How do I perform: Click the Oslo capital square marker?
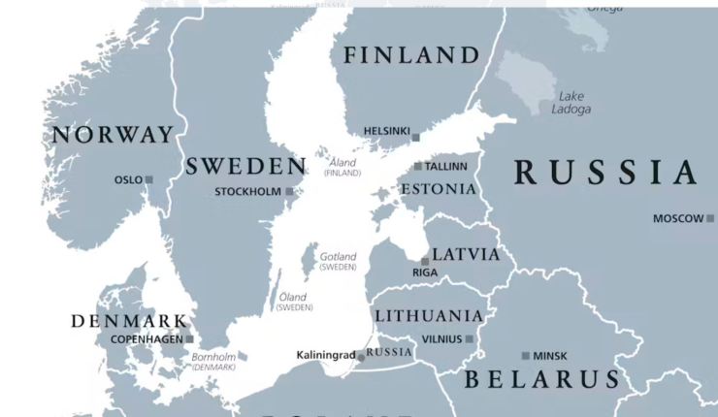(x=149, y=179)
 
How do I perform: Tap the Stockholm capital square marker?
(x=289, y=192)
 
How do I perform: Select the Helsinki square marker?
(x=416, y=138)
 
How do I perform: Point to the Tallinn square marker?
(x=418, y=166)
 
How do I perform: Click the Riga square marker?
(x=425, y=261)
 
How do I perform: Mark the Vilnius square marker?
(x=469, y=338)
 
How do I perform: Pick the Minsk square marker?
(x=526, y=356)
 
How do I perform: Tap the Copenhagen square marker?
(x=190, y=339)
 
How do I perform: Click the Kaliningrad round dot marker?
(x=361, y=357)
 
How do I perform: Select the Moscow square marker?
(x=710, y=218)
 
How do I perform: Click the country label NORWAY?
(x=113, y=135)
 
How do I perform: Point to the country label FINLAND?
(x=411, y=55)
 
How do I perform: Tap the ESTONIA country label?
(x=439, y=189)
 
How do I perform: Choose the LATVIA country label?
(x=466, y=255)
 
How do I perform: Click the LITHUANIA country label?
(x=428, y=316)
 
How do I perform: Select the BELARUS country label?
(x=540, y=379)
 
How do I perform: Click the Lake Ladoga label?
(x=573, y=102)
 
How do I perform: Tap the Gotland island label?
(x=339, y=261)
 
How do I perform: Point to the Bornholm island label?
(x=213, y=362)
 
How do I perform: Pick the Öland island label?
(x=293, y=302)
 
